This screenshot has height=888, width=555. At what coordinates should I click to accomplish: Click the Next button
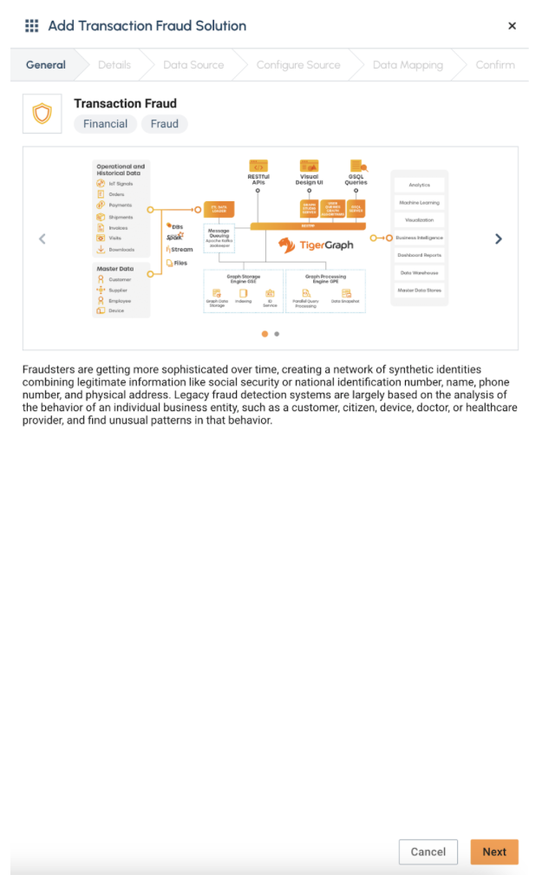494,852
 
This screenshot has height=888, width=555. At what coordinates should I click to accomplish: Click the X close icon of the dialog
512,26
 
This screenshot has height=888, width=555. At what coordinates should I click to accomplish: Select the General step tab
46,65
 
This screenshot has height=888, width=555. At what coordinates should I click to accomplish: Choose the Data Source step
193,65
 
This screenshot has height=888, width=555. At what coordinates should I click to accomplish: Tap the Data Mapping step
408,65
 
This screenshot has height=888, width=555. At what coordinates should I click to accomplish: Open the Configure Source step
298,65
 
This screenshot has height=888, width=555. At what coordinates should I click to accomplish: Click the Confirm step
495,65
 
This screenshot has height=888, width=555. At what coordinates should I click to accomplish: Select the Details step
114,65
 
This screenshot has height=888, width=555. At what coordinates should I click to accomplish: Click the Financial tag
106,124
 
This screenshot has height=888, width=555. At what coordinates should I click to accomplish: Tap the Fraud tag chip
165,124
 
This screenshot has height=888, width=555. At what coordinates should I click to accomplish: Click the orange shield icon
42,114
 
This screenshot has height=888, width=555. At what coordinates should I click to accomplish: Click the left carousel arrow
42,238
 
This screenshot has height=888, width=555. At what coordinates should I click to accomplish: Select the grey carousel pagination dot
277,333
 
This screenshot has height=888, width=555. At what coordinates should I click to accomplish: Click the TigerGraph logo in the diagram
316,245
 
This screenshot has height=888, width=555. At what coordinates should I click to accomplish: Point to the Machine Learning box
420,202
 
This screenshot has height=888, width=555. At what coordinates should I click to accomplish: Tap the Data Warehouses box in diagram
420,272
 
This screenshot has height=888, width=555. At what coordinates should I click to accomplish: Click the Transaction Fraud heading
125,103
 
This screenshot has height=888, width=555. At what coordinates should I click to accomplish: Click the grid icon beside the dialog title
32,26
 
